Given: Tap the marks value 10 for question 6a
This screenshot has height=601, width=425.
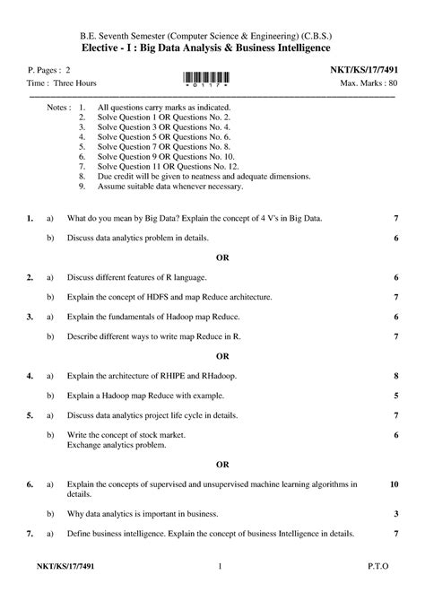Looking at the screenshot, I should [394, 483].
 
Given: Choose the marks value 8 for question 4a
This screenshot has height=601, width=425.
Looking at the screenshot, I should [395, 376].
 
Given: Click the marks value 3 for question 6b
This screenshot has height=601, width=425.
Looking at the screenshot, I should [395, 514].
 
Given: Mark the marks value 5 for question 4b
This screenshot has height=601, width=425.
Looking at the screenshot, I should [395, 396].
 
